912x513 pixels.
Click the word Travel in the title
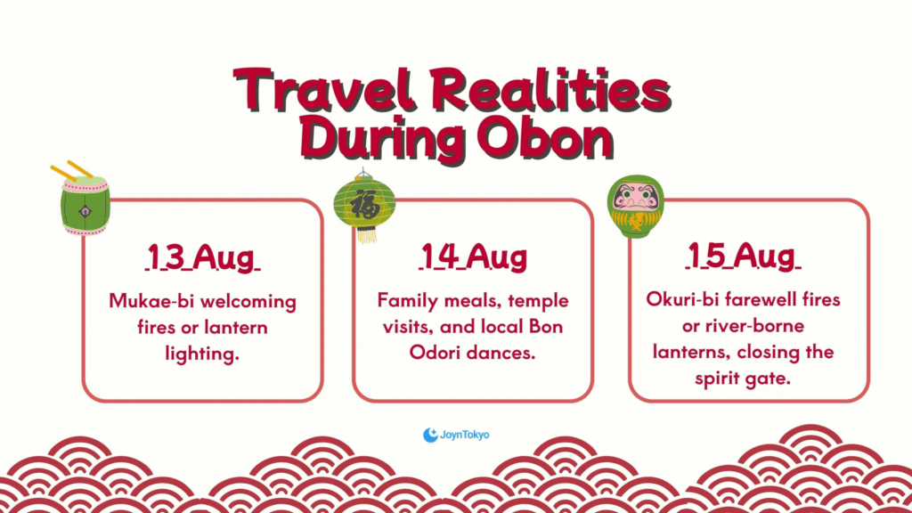(x=325, y=90)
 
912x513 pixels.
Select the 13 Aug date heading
(x=202, y=256)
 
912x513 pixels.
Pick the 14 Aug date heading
(x=474, y=256)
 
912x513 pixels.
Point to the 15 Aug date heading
(x=743, y=256)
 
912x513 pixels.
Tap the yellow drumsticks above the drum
(x=71, y=170)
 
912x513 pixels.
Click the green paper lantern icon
(x=364, y=205)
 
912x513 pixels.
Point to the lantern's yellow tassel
(x=366, y=235)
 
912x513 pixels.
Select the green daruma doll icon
(x=635, y=207)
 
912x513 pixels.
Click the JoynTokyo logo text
(x=465, y=435)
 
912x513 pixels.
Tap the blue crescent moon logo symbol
(x=430, y=435)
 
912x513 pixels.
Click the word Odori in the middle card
(x=435, y=353)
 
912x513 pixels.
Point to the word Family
(x=408, y=301)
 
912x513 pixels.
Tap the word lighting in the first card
(x=202, y=354)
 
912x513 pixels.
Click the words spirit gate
(x=743, y=379)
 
